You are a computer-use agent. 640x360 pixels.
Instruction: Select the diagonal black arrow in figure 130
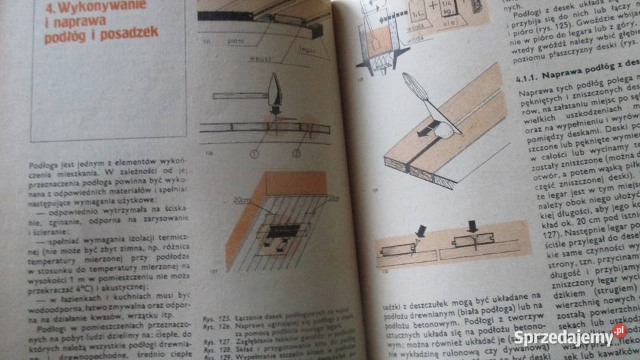(x=420, y=231)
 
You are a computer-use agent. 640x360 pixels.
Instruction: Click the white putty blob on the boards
(x=445, y=133)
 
